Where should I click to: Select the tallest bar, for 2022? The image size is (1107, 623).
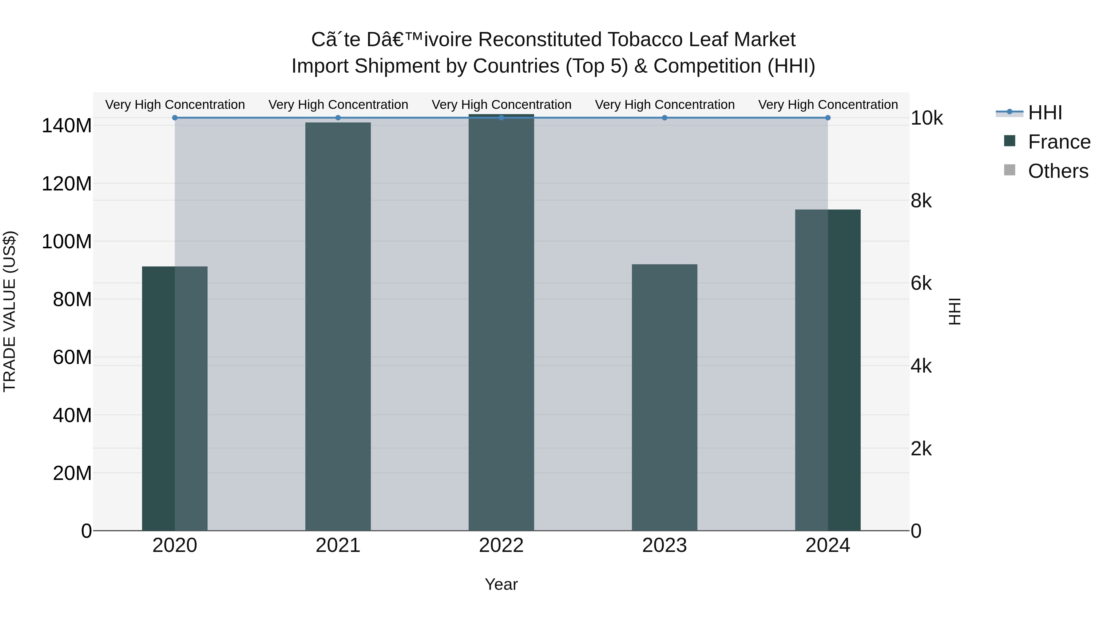(501, 322)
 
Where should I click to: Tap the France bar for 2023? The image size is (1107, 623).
(665, 398)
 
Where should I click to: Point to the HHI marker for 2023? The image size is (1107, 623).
(665, 118)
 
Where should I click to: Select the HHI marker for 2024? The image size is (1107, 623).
(828, 118)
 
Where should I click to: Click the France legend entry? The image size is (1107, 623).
(1058, 142)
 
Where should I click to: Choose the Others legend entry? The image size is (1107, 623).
(1057, 171)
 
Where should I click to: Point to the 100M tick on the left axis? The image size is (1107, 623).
(67, 242)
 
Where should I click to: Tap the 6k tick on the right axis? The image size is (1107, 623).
(921, 284)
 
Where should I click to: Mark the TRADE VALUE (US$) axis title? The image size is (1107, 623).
(10, 312)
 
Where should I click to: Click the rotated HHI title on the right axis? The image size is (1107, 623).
(954, 312)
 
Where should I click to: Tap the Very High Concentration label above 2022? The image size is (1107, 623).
(501, 105)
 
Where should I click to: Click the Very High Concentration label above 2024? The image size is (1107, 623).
(828, 105)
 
